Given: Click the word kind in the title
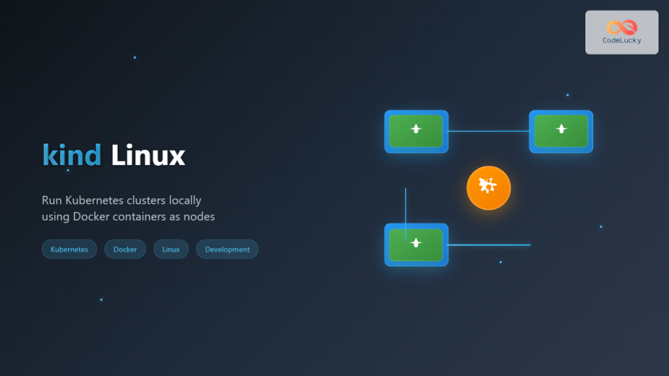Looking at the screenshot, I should (72, 155).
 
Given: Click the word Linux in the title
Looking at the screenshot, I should (148, 155).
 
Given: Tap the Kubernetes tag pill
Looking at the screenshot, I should (69, 249).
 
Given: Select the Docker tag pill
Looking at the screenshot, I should (125, 249).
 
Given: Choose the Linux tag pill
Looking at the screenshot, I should (171, 249).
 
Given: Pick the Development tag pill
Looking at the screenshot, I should (227, 249).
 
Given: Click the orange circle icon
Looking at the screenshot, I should (488, 188).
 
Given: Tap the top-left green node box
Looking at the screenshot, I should (416, 131).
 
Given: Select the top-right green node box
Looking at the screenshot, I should (561, 131).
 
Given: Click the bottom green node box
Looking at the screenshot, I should (416, 245).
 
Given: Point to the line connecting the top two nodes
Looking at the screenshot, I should (488, 131).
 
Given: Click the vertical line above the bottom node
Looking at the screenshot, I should (406, 206).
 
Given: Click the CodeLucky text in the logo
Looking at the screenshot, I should (621, 40).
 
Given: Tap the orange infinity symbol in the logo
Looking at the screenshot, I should (621, 27).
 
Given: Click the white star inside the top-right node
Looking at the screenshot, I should (561, 129).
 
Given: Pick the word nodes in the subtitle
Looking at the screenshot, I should (201, 217).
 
